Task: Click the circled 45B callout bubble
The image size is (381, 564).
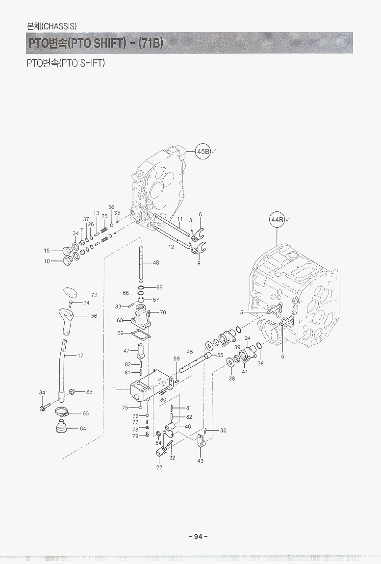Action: (203, 151)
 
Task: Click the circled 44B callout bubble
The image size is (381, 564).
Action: (277, 219)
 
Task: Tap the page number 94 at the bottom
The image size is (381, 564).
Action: (198, 537)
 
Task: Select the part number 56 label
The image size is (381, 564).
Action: (94, 316)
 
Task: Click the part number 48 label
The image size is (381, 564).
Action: (156, 262)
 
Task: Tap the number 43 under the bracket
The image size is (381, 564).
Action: (200, 461)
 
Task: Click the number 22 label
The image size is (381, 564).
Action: (159, 467)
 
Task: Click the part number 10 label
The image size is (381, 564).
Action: (47, 261)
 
